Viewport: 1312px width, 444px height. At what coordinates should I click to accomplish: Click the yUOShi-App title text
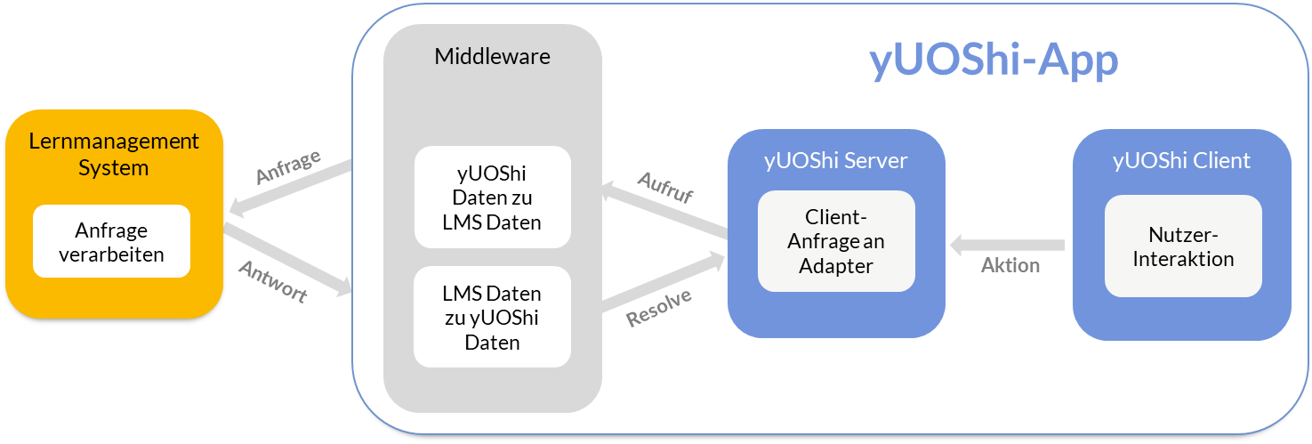tap(993, 62)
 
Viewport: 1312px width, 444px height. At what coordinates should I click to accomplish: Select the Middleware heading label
tap(492, 57)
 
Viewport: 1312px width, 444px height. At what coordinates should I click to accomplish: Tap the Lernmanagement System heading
tap(114, 154)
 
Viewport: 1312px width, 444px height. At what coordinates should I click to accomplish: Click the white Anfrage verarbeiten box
tap(112, 242)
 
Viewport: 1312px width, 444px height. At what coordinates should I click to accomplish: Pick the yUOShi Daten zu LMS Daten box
tap(492, 197)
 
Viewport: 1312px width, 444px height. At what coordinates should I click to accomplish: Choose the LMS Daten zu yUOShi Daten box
tap(492, 317)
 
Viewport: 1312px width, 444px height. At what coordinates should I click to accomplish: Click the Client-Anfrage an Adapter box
tap(836, 241)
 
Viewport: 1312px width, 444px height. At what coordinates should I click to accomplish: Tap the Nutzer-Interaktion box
tap(1183, 246)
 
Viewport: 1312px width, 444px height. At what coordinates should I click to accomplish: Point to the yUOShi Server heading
tap(835, 161)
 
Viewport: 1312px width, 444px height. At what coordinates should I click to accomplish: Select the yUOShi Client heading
tap(1181, 161)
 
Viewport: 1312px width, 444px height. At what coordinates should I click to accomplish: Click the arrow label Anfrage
tap(288, 167)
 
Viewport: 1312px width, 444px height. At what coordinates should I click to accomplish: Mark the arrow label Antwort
tap(273, 281)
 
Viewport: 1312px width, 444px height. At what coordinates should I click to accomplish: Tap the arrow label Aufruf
tap(665, 188)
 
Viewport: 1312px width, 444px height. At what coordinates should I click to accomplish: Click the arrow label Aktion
tap(1010, 265)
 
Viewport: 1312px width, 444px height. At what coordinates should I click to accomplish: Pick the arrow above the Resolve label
tap(664, 283)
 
